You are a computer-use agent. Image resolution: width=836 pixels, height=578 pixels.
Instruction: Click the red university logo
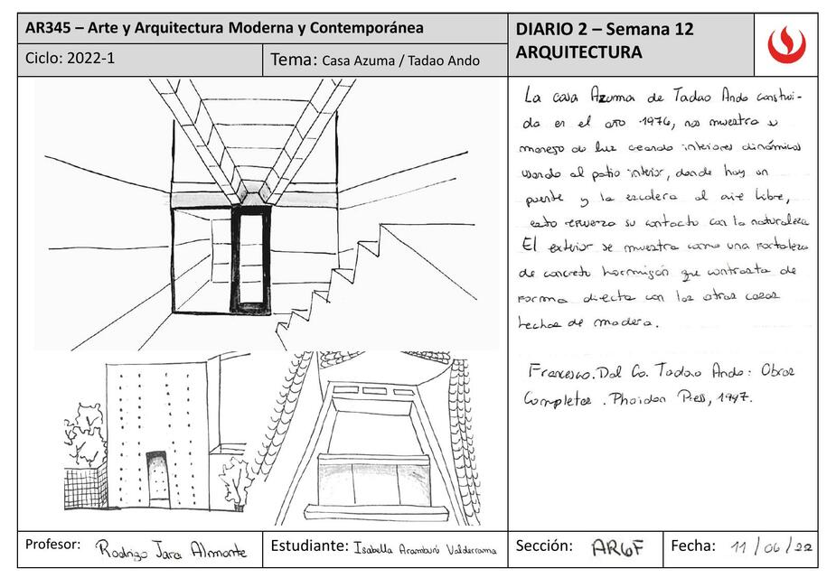tap(785, 44)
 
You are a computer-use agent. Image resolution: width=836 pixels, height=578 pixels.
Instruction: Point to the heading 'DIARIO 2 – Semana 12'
tap(604, 29)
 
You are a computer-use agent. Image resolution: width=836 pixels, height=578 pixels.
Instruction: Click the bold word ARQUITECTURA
tap(578, 52)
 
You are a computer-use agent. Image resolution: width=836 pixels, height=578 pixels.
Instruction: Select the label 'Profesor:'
tap(53, 545)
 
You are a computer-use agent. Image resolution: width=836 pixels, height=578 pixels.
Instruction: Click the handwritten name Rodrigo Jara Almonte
tap(171, 550)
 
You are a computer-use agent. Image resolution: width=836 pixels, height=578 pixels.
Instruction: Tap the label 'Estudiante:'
tap(308, 545)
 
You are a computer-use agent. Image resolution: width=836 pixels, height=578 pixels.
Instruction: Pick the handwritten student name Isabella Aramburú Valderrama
tap(425, 549)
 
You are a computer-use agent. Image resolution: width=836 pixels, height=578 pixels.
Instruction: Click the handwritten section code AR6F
tap(617, 547)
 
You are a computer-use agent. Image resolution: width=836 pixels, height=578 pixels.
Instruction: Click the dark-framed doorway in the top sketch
tap(249, 260)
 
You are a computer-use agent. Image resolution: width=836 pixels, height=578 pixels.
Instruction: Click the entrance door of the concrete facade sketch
tap(158, 476)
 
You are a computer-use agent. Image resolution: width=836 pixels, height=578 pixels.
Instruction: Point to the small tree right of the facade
tap(237, 483)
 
